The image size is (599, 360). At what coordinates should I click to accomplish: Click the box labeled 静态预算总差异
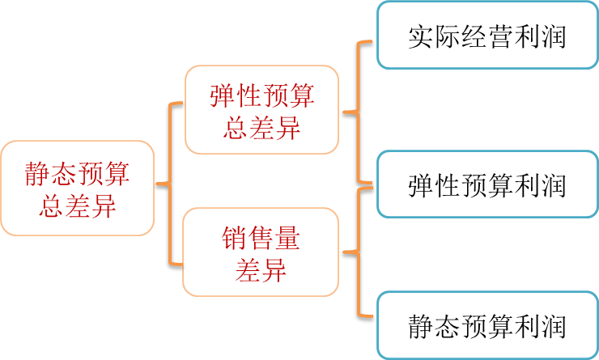[77, 188]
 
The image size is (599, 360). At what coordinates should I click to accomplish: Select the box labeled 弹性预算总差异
[261, 110]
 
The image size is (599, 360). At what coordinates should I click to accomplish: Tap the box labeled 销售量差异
[261, 252]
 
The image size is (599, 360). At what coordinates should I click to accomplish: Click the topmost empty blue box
[486, 35]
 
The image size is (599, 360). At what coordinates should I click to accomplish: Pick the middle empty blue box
[486, 184]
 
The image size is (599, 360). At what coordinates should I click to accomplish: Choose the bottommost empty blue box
[486, 324]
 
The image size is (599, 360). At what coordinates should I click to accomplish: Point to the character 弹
[223, 97]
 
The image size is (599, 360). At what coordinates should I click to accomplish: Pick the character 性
[249, 97]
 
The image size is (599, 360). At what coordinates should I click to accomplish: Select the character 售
[261, 239]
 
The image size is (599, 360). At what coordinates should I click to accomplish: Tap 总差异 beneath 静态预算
[78, 205]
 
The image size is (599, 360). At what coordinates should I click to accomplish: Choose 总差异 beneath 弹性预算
[261, 127]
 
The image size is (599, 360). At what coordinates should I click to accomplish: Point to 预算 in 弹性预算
[287, 97]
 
